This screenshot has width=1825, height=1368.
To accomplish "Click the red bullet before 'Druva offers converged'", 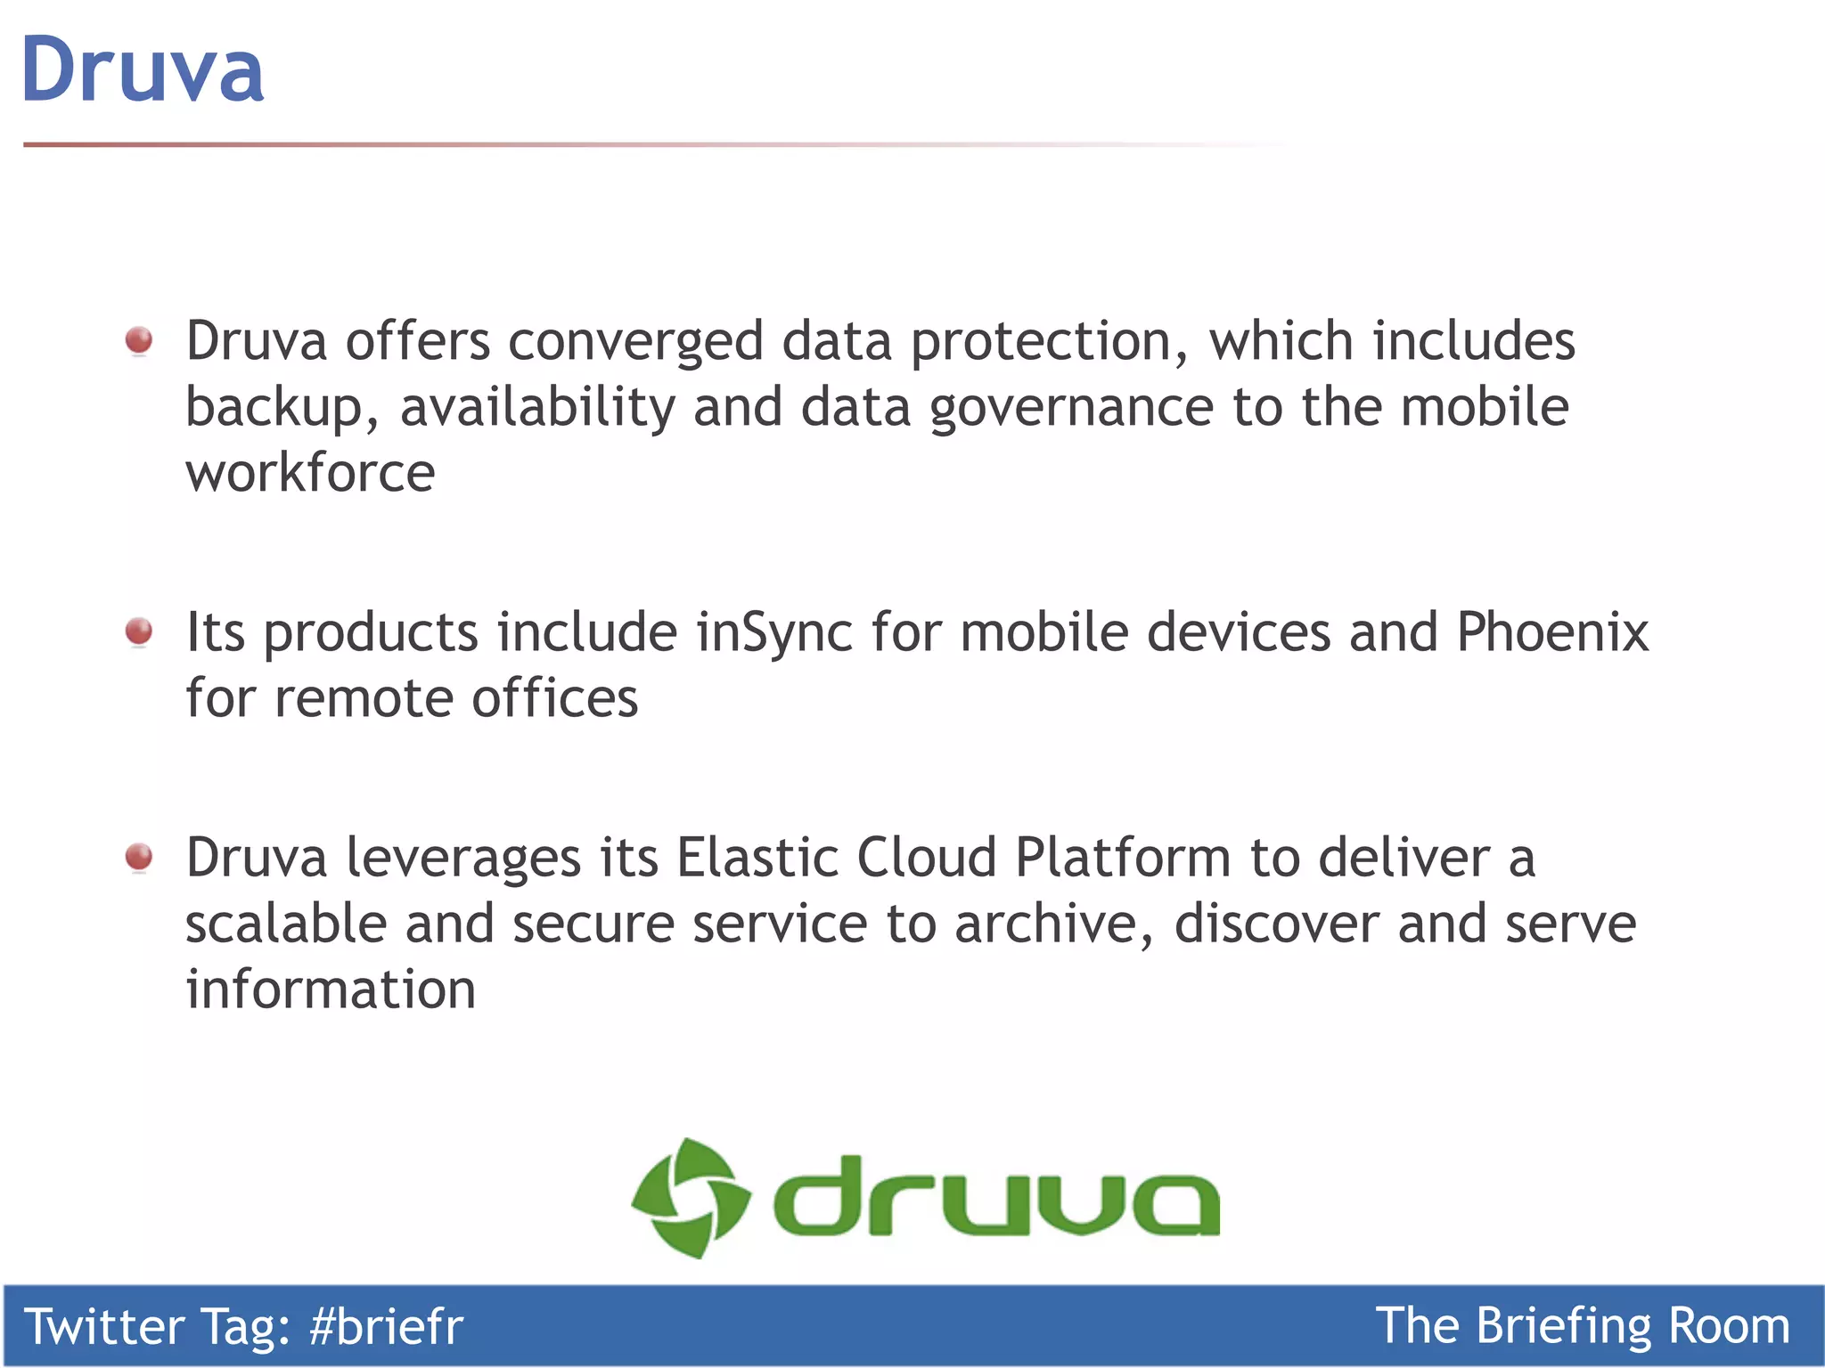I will click(x=139, y=340).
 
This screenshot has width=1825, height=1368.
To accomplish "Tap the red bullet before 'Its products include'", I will click(x=139, y=631).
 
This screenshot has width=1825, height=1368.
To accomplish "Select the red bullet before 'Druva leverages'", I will click(x=139, y=857).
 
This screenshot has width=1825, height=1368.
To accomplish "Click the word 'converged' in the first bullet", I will click(x=635, y=342).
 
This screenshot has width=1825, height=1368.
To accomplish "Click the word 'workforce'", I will click(x=310, y=472).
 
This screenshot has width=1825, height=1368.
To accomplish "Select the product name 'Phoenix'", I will click(x=1552, y=632).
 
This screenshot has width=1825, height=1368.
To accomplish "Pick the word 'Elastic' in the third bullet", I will click(x=757, y=858).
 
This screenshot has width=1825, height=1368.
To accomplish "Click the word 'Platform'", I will click(x=1123, y=858).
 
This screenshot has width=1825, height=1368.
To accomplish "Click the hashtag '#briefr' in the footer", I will click(x=386, y=1326).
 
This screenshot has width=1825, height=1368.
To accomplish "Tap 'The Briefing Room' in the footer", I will click(x=1582, y=1326).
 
